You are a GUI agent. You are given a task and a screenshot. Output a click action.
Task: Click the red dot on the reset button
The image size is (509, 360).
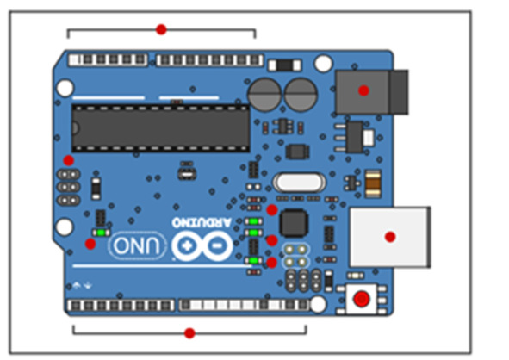362,299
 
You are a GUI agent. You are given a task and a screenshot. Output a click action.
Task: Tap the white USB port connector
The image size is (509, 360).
390,237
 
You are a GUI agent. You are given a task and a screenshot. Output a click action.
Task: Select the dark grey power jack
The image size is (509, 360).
372,91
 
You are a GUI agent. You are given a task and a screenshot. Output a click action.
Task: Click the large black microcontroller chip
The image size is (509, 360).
161,128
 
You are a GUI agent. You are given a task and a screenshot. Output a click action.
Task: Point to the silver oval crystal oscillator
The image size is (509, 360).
299,183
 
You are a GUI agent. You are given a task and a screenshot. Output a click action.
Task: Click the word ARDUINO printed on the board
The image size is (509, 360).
202,222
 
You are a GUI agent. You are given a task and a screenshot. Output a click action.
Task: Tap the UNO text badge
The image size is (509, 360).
138,245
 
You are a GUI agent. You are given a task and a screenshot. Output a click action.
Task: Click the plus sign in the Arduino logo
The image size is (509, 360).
186,245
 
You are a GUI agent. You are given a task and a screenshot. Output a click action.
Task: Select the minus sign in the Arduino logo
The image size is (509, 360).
216,245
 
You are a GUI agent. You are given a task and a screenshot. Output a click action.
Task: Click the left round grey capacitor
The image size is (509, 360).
264,95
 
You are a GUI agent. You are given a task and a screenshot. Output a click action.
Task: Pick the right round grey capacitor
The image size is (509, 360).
301,95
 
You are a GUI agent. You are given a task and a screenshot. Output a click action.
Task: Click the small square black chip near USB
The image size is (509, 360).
294,223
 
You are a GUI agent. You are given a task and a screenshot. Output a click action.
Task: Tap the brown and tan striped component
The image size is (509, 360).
373,183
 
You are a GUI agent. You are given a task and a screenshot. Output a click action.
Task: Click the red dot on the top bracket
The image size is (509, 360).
161,29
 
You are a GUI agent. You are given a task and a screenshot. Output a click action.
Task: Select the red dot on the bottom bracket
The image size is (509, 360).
189,333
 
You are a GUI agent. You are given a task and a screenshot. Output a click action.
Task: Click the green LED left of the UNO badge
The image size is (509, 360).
101,233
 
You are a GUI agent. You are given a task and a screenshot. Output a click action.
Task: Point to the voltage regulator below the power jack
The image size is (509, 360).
356,138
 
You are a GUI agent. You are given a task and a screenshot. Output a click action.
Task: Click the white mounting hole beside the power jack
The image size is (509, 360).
323,63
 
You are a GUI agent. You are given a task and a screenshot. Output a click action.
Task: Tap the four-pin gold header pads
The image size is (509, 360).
295,256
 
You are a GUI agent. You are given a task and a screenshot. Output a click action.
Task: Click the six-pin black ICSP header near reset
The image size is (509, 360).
303,281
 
